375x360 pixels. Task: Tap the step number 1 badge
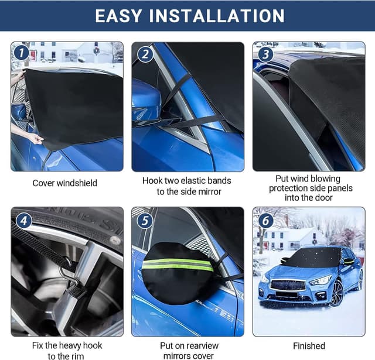click(21, 53)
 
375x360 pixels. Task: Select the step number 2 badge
click(144, 54)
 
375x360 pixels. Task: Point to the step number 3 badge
click(265, 54)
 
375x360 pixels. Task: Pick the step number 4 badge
click(23, 221)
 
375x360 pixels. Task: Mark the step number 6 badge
click(265, 221)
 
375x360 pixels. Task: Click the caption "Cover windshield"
click(65, 183)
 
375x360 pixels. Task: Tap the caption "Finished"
click(309, 346)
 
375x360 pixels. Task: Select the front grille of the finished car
click(287, 285)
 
